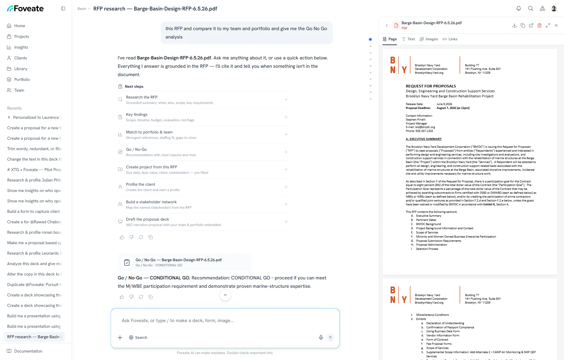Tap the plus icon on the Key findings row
pos(286,117)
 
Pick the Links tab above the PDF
pos(450,39)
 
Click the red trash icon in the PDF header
pos(540,25)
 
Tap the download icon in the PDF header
pos(514,25)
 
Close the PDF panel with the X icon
pos(556,25)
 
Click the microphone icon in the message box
pos(321,337)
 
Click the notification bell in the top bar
pos(519,8)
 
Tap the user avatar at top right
pos(554,8)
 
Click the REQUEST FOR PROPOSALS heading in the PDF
pos(431,86)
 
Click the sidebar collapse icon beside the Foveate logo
pos(63,9)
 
